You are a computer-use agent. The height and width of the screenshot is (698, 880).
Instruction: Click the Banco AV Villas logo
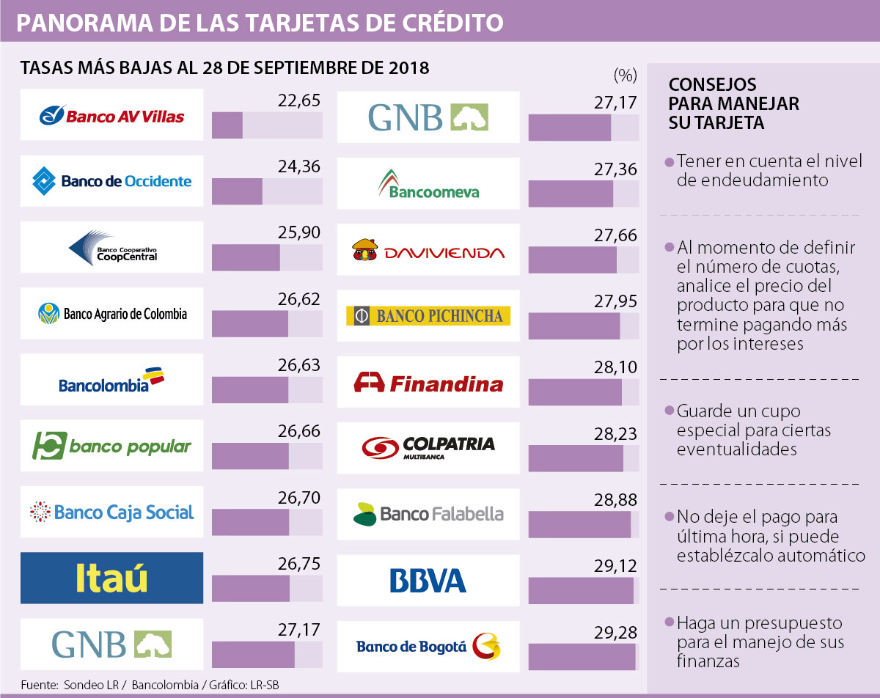click(111, 116)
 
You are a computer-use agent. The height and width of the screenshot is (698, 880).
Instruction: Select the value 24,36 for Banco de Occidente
click(299, 167)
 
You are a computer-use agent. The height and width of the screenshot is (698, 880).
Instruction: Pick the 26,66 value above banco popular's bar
click(299, 432)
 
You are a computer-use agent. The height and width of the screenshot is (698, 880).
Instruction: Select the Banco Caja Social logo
click(111, 512)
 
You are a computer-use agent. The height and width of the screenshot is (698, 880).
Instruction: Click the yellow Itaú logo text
click(111, 578)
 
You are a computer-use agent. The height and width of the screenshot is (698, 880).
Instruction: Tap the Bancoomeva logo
click(429, 183)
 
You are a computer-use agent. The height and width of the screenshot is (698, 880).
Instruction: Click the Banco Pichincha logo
click(428, 316)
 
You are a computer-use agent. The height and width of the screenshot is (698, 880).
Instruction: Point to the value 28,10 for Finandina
click(615, 367)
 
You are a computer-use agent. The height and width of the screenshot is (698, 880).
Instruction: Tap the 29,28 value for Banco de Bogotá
click(615, 631)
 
